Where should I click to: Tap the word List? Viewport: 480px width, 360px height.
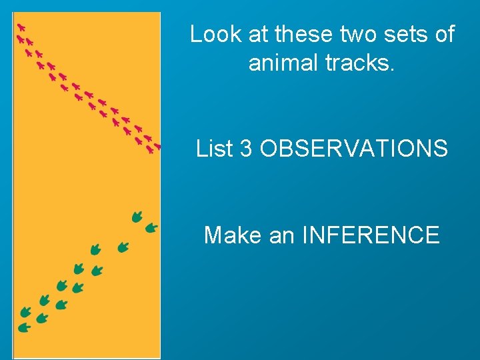(215, 149)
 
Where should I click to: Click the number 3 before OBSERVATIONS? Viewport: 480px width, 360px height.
(246, 149)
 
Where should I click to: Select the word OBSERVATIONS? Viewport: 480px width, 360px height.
(353, 149)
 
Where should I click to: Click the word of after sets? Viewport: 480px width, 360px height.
(444, 34)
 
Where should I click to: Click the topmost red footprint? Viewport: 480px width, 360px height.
(21, 27)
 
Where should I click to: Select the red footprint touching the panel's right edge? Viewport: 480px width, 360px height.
(157, 146)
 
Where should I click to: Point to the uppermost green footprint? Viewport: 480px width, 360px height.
(137, 215)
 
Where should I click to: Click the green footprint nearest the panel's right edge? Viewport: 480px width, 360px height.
(151, 228)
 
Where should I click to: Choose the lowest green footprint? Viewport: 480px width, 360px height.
(24, 327)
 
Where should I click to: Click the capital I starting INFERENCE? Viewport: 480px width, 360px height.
(305, 235)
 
